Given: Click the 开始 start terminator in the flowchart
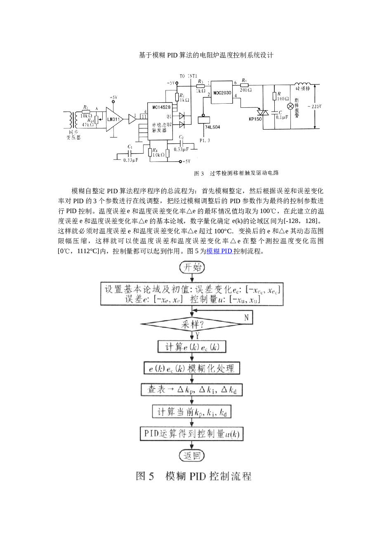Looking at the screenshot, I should pos(192,267).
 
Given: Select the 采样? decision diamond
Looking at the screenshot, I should pos(192,324).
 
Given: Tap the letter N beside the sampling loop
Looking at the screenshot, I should pos(246,318).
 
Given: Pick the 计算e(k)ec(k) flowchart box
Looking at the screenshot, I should pos(192,346).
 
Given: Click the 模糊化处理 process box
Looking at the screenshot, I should pos(192,368).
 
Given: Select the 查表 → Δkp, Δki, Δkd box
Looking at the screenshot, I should pos(192,389).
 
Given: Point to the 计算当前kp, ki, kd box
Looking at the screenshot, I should pos(192,412).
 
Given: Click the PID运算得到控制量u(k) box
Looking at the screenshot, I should pos(192,434).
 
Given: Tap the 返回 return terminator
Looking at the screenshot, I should pos(192,456).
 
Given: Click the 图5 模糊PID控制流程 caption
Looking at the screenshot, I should pos(193,476).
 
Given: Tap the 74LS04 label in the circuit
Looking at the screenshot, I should pos(212,127).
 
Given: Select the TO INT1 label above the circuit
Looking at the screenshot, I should pos(188,76).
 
